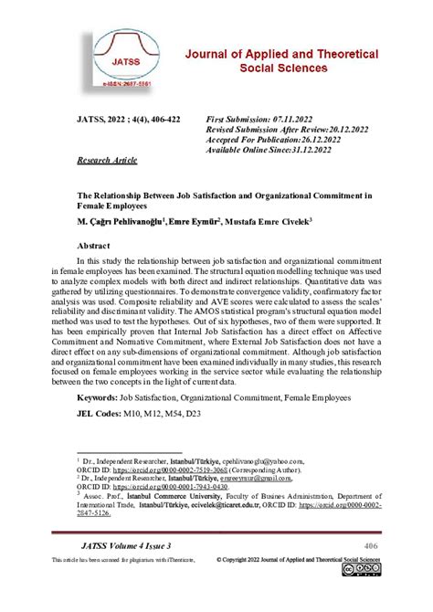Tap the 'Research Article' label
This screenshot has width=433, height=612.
tap(107, 160)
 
